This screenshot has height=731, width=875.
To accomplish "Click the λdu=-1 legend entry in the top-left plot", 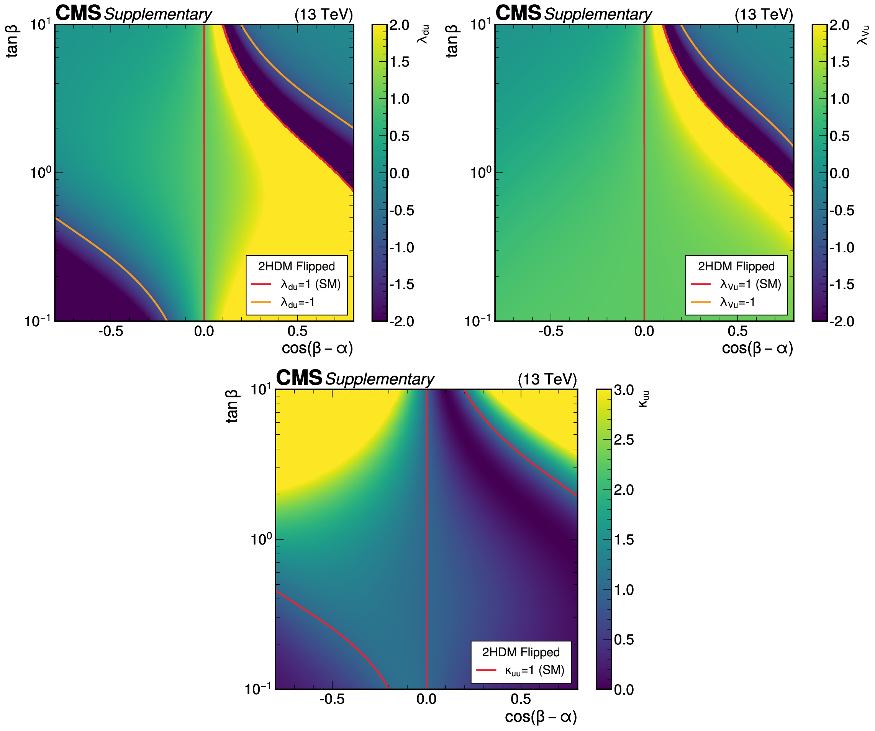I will pos(297,303).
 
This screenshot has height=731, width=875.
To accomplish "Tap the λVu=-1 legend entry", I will pos(737,303).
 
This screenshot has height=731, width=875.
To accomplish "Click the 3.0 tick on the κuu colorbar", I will pos(624,390).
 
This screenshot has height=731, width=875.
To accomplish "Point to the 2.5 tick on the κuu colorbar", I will pos(624,440).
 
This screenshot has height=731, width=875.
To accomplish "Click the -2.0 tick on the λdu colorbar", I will pos(401,322).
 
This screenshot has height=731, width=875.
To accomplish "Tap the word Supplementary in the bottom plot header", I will pos(380,379).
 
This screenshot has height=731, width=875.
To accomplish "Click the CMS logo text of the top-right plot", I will pos(518,13).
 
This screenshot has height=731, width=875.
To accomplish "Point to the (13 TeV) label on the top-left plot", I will pos(324,15).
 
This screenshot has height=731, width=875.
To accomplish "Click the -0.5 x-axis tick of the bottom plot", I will pos(332,699).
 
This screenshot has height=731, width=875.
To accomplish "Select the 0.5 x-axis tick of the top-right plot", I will pos(737,332).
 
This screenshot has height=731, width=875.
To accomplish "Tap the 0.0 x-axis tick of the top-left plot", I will pos(204,332).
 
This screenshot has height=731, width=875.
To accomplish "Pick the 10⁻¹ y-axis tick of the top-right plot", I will pos(477,322).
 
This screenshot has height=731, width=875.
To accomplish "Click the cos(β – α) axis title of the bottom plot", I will pos(541,717).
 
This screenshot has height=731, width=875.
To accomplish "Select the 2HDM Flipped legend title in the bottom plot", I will pos(521,652).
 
